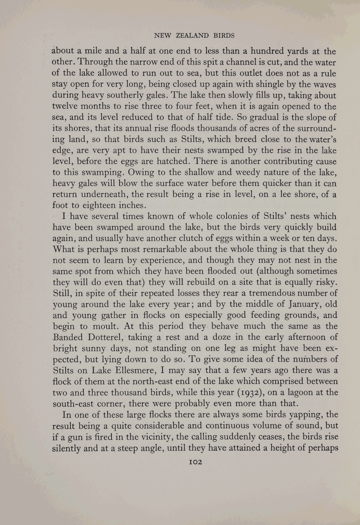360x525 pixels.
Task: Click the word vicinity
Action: pos(159,437)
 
